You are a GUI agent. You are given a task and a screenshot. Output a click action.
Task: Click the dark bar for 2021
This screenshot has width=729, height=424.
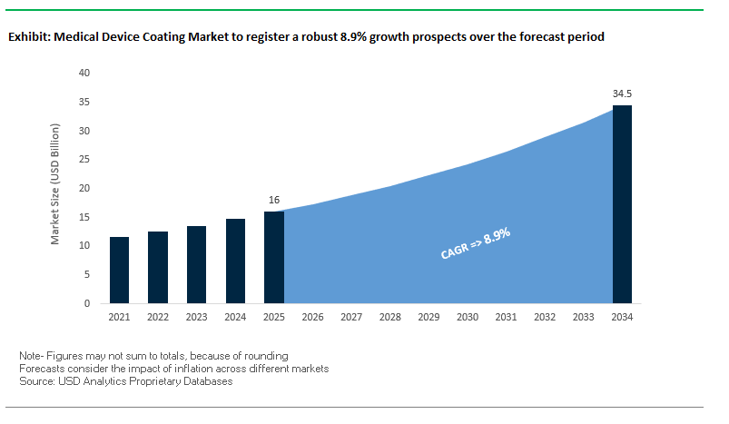pyautogui.click(x=119, y=270)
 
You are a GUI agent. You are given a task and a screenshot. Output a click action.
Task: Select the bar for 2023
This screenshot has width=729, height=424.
pyautogui.click(x=196, y=264)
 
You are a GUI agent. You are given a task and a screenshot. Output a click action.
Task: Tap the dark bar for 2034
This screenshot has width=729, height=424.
pyautogui.click(x=622, y=204)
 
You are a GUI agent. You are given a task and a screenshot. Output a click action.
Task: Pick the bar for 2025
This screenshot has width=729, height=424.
pyautogui.click(x=273, y=257)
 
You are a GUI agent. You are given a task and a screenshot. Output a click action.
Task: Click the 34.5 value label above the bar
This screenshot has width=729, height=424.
pyautogui.click(x=622, y=94)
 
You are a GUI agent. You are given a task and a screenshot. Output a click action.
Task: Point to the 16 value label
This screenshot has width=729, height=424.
pyautogui.click(x=273, y=200)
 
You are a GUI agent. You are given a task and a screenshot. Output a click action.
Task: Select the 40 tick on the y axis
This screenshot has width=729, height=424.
pyautogui.click(x=84, y=73)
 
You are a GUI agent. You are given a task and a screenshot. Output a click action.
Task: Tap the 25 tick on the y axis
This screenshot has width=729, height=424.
pyautogui.click(x=84, y=159)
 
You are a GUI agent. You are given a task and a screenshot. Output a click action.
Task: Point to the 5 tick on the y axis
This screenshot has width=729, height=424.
pyautogui.click(x=87, y=274)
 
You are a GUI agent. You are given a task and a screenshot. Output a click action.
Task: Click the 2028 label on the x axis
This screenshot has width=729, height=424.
pyautogui.click(x=389, y=318)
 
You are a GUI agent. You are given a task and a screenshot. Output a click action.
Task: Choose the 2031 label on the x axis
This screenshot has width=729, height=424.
pyautogui.click(x=506, y=318)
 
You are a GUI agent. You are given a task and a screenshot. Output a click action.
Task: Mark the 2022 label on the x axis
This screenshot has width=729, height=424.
pyautogui.click(x=158, y=318)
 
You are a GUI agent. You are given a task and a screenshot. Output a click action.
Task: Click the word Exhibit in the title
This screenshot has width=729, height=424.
pyautogui.click(x=28, y=38)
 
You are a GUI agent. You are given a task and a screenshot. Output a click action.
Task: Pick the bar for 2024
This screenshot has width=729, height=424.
pyautogui.click(x=235, y=261)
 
